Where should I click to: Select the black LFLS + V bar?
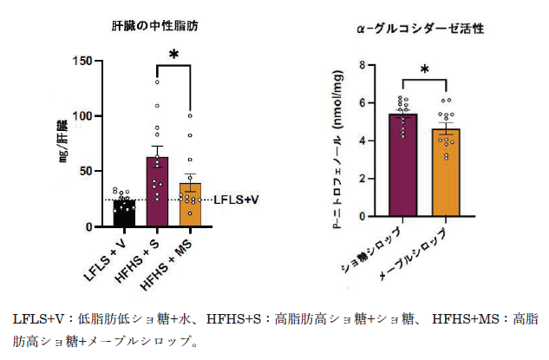[x=124, y=213]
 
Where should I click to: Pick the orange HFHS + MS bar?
[x=190, y=205]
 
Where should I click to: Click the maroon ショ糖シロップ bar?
[x=402, y=165]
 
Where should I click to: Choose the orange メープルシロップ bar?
[x=444, y=173]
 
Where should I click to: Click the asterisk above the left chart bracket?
[x=173, y=55]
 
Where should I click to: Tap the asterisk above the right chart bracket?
[x=424, y=70]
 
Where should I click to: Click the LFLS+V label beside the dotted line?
[x=237, y=200]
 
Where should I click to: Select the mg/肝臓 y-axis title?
[x=63, y=143]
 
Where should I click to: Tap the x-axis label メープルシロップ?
[x=417, y=256]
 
